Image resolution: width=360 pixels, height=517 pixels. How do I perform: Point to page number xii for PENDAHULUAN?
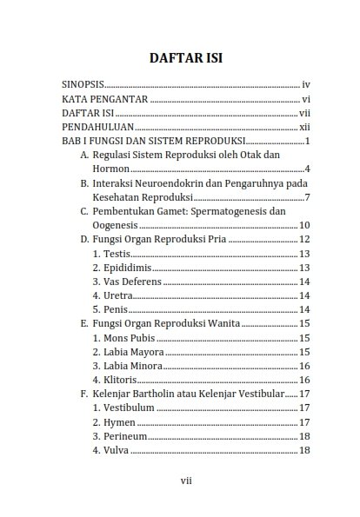304,127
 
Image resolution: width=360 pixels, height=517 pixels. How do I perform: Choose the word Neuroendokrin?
162,183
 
